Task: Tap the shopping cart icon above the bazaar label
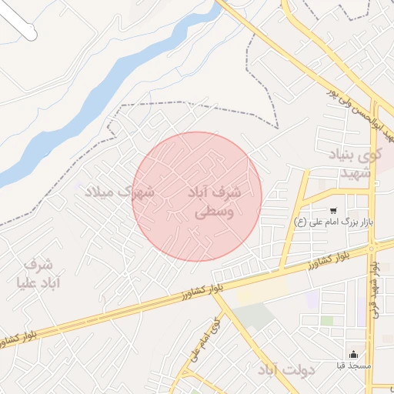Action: [x=333, y=210]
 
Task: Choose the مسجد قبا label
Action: [x=353, y=366]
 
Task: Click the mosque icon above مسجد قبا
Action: [x=353, y=355]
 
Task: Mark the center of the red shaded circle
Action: [x=197, y=196]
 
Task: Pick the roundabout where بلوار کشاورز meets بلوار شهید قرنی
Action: [x=372, y=247]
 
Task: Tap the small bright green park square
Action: [x=327, y=320]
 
